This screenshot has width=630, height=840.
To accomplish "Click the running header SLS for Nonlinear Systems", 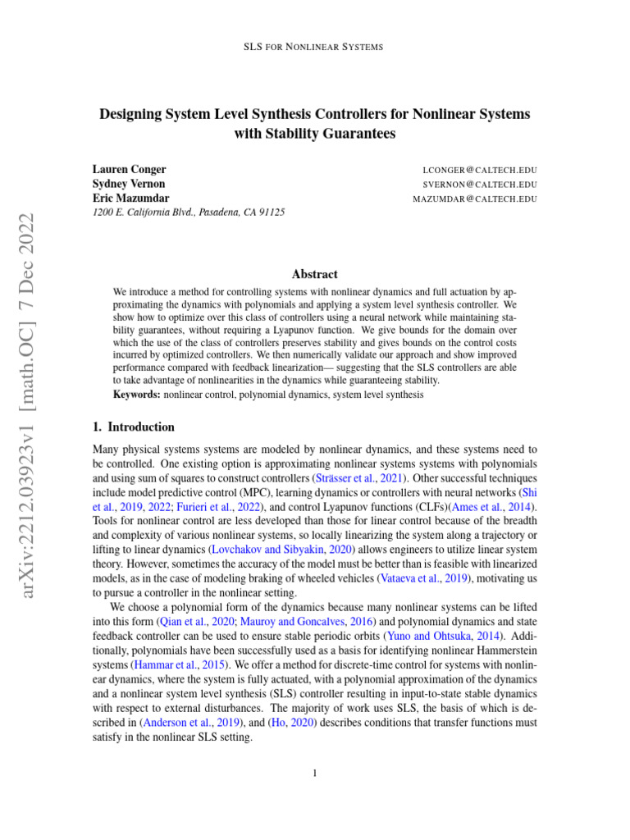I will pyautogui.click(x=314, y=47).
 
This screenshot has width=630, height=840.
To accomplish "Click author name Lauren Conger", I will pyautogui.click(x=129, y=170).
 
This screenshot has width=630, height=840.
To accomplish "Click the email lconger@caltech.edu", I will pyautogui.click(x=479, y=171).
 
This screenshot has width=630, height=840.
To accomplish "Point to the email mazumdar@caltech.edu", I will pyautogui.click(x=474, y=199).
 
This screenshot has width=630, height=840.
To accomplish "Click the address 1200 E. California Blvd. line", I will pyautogui.click(x=189, y=212).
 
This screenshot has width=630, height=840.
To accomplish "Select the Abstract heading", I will pyautogui.click(x=314, y=274).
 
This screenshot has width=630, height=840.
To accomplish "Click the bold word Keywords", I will pyautogui.click(x=137, y=395).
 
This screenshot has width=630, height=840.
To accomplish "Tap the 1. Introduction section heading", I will pyautogui.click(x=134, y=427).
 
